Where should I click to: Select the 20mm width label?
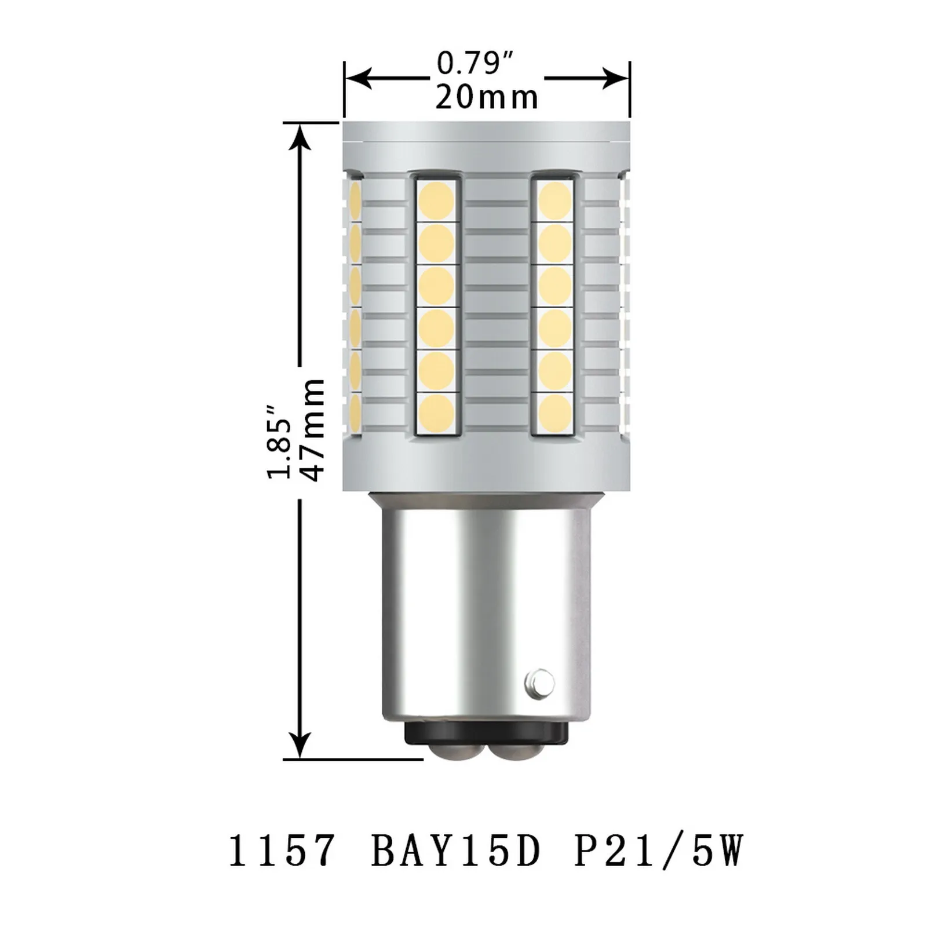click(x=487, y=97)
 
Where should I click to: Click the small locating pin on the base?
click(x=539, y=682)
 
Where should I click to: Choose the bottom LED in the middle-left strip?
click(x=436, y=411)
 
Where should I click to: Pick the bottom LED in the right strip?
click(x=555, y=411)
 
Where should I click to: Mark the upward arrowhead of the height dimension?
click(x=300, y=137)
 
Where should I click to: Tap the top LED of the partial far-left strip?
click(x=354, y=200)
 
